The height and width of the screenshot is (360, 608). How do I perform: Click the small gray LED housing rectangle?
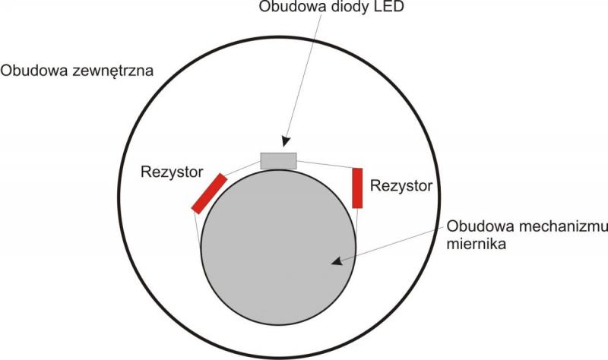point(278,160)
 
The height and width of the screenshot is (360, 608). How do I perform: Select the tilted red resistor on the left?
point(209,193)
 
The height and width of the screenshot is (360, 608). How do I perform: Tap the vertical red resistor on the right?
point(357,188)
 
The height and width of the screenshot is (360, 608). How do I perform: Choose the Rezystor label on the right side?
point(401,185)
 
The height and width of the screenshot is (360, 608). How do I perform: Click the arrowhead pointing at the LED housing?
point(286,141)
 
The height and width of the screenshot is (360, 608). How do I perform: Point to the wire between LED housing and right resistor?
point(325,164)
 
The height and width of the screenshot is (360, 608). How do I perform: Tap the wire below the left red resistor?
point(198,228)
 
